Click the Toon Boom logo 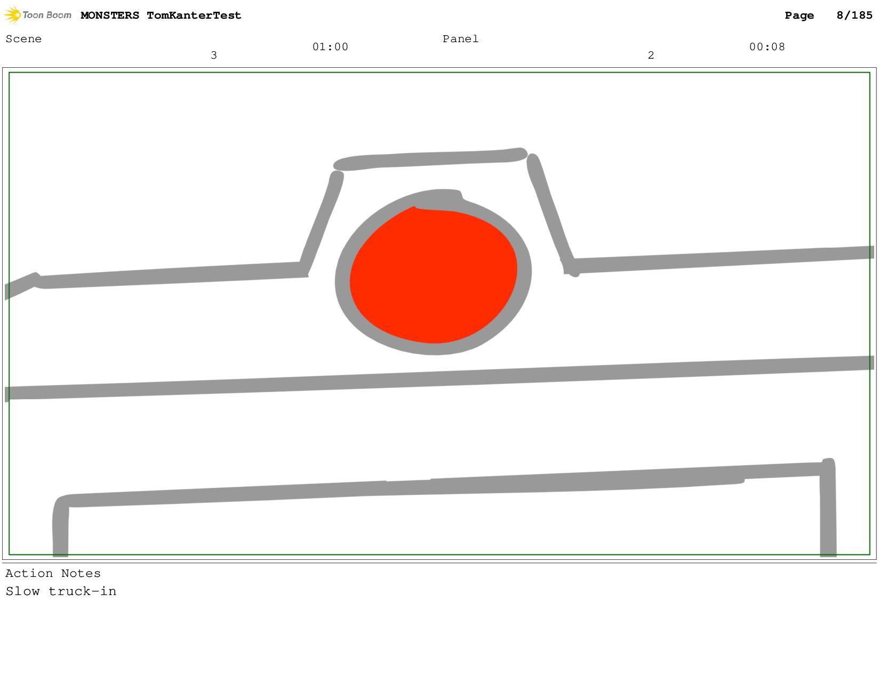(x=38, y=15)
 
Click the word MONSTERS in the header (x=110, y=15)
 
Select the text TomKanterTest (x=194, y=15)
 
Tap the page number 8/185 (x=854, y=15)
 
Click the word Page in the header (x=799, y=16)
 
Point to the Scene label (x=23, y=39)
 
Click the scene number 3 (x=213, y=55)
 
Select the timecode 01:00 (x=330, y=47)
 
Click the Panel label (x=460, y=39)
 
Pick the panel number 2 (x=651, y=55)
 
